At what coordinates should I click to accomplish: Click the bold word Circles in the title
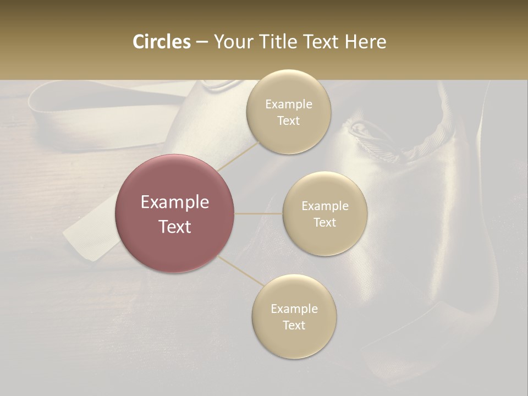pyautogui.click(x=161, y=42)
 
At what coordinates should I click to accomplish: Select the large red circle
pyautogui.click(x=175, y=213)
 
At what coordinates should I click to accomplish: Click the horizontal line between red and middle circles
pyautogui.click(x=258, y=213)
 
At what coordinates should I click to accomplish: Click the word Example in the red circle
pyautogui.click(x=175, y=202)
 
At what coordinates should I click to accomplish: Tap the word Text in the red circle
pyautogui.click(x=175, y=227)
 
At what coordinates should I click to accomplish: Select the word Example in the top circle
pyautogui.click(x=288, y=105)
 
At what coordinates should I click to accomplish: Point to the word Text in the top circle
pyautogui.click(x=288, y=121)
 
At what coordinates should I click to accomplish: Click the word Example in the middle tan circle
pyautogui.click(x=324, y=206)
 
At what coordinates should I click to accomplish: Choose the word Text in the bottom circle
pyautogui.click(x=294, y=325)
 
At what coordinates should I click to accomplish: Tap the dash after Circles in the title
pyautogui.click(x=201, y=42)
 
